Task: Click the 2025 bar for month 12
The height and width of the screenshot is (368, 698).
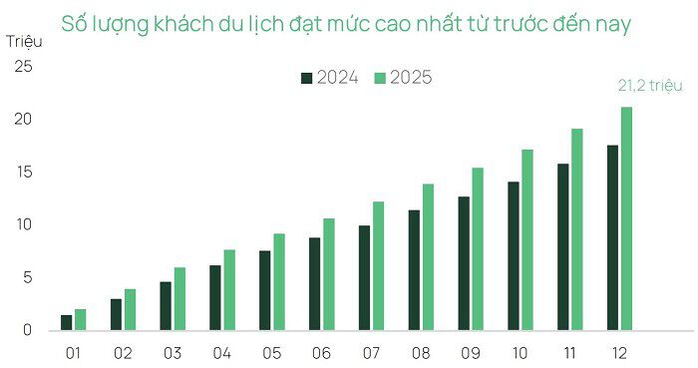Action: [626, 218]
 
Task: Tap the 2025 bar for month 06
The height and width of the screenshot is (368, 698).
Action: [328, 274]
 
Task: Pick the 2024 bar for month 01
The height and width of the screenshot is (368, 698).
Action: [66, 322]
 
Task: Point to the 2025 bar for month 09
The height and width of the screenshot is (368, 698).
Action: [478, 248]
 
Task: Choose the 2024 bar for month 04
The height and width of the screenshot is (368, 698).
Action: [215, 297]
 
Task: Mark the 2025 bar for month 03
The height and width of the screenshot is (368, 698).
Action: [179, 298]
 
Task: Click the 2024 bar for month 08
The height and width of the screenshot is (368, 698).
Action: [414, 269]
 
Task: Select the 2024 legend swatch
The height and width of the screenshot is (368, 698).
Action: [308, 78]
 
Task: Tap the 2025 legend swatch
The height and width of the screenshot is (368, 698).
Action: [380, 78]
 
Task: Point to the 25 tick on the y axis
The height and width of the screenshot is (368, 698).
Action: [23, 67]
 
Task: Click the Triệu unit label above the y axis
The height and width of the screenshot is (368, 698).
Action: [24, 41]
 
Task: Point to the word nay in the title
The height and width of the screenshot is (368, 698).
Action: [611, 24]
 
